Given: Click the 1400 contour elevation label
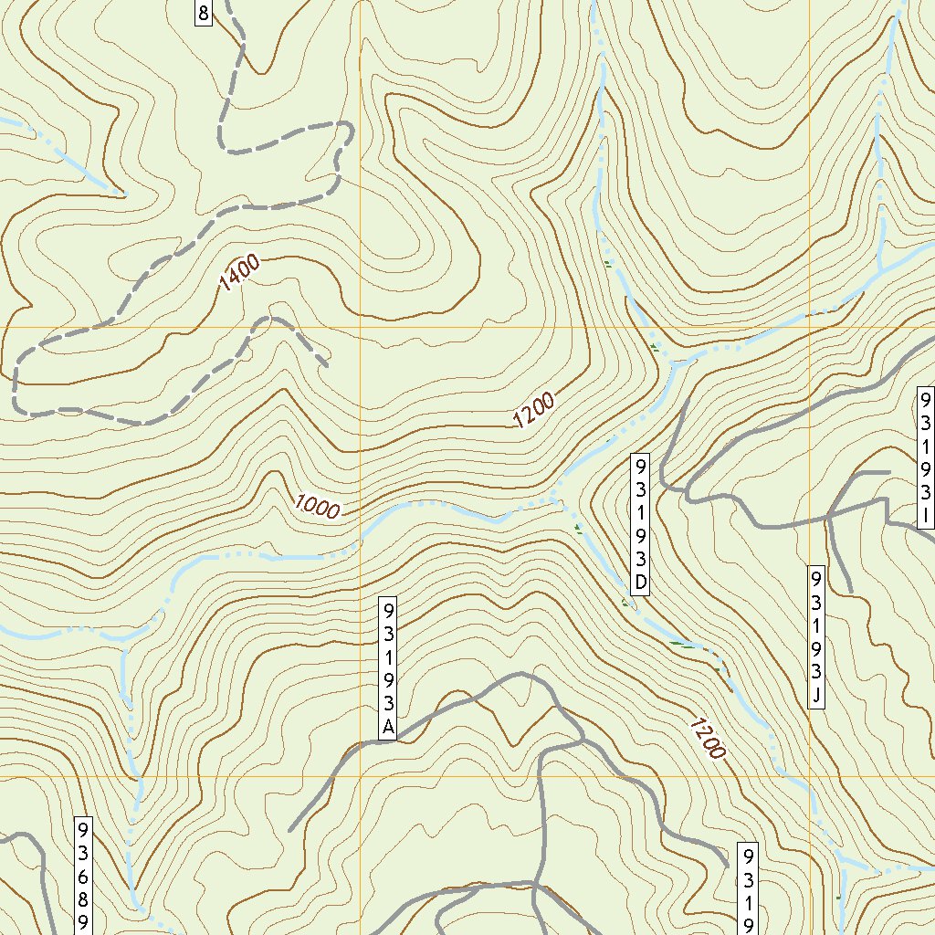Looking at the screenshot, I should click(x=240, y=273).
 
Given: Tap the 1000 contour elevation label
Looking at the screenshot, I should click(x=317, y=507).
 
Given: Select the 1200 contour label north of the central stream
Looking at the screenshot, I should click(x=533, y=410).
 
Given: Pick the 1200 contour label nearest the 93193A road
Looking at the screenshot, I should click(x=707, y=738).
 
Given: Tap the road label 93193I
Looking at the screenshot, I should click(x=925, y=458).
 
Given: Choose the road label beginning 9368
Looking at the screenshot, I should click(x=83, y=875).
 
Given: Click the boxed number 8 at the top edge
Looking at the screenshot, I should click(x=203, y=13).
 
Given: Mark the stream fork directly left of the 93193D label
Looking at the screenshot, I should click(x=554, y=499).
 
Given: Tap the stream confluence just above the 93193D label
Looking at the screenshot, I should click(x=674, y=364).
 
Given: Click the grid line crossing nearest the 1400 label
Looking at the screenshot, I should click(x=361, y=326).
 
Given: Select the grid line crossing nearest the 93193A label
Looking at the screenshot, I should click(x=361, y=776).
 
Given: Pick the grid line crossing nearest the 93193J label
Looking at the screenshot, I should click(x=809, y=776).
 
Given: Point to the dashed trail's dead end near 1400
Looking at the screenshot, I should click(x=326, y=365).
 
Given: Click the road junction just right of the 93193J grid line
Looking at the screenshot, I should click(x=827, y=517).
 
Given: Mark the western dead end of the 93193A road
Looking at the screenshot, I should click(x=290, y=831).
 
